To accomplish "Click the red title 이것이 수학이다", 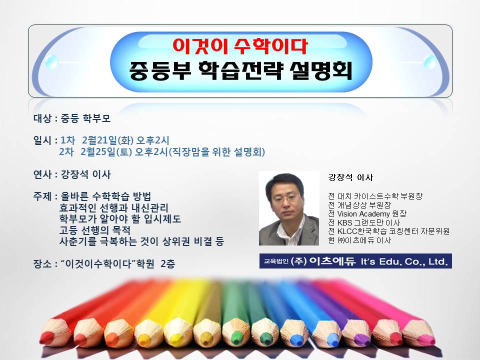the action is [x=240, y=46].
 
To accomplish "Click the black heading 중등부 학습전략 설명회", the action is [x=240, y=70].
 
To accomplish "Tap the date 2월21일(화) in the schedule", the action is [x=107, y=140].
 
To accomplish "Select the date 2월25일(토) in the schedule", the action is [x=106, y=151].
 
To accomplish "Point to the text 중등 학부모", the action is [x=85, y=118].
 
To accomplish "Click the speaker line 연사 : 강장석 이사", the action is [x=72, y=174].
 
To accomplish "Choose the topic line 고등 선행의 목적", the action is [x=95, y=230].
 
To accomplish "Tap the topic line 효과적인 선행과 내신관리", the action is [x=114, y=207].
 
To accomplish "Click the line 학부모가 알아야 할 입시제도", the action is [x=120, y=219].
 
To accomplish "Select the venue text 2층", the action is [x=168, y=263].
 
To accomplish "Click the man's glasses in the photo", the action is [x=285, y=198].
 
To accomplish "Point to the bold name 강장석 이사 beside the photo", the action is [x=350, y=177].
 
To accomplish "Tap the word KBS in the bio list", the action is [x=344, y=222].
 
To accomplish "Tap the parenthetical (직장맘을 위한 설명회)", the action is [x=216, y=151].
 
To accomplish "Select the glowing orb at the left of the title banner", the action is [x=51, y=62].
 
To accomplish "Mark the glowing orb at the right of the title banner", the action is [x=430, y=62].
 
